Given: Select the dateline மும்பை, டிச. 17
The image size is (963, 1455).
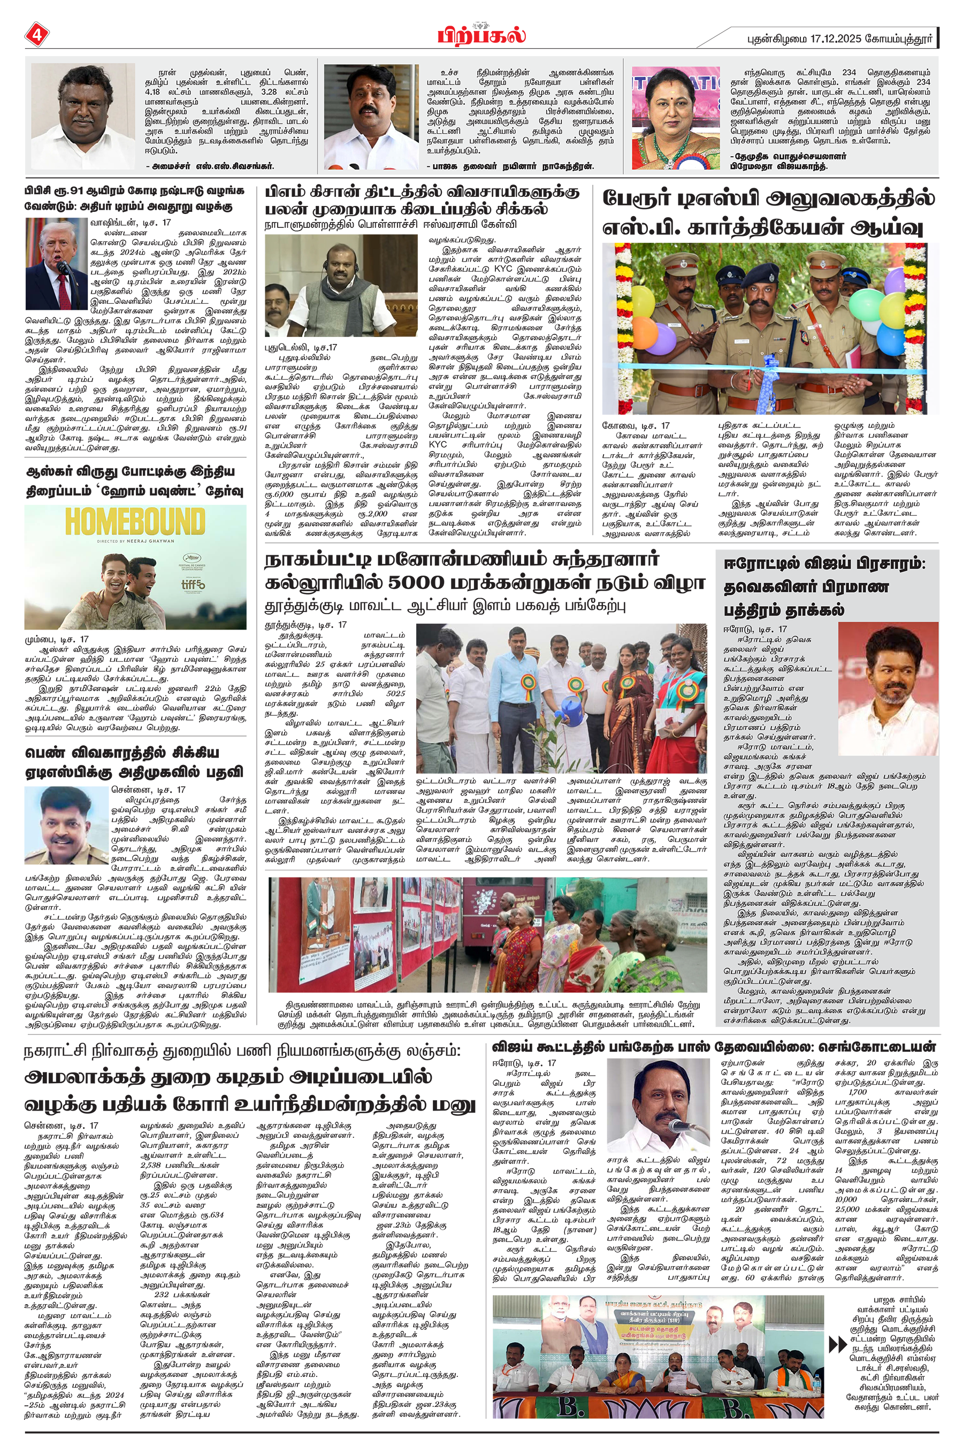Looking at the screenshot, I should tap(57, 639).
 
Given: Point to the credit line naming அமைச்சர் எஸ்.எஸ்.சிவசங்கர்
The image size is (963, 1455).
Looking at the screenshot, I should tap(209, 166).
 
